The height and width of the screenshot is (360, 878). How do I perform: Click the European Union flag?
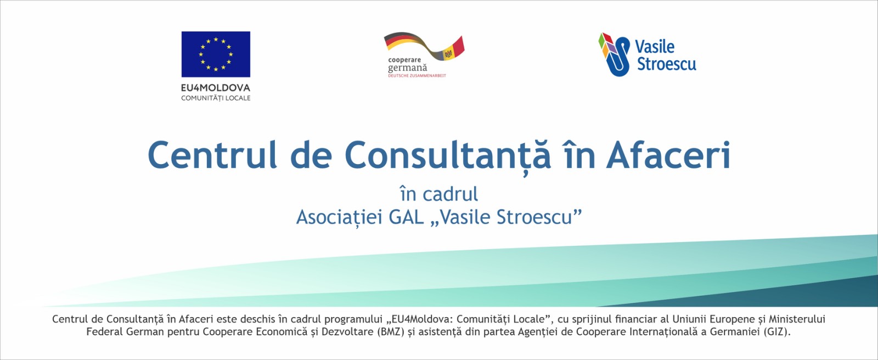(x=216, y=54)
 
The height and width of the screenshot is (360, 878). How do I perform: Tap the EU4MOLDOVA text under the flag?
(x=216, y=87)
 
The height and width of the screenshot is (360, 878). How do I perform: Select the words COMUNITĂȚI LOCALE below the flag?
(x=216, y=98)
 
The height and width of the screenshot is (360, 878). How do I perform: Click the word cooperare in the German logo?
(x=404, y=60)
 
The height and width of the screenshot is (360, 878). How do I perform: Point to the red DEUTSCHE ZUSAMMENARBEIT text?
(x=417, y=76)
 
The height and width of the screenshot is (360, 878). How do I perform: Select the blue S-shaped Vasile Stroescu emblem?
(x=614, y=54)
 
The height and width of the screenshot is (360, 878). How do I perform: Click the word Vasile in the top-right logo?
(x=655, y=47)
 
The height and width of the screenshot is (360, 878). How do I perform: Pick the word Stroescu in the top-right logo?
(x=667, y=64)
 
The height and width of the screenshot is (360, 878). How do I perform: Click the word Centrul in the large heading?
(x=212, y=155)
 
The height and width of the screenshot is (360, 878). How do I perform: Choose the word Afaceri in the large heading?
(x=668, y=155)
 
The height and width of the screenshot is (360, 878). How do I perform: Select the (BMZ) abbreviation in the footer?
(x=390, y=332)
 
